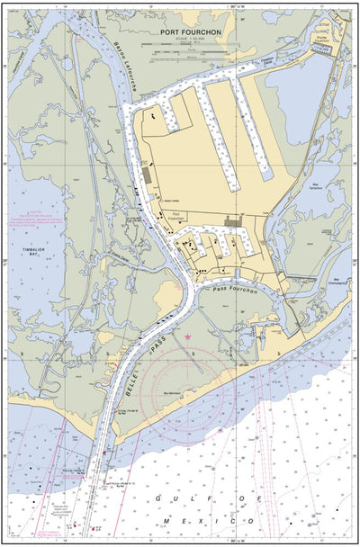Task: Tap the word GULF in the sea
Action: (169, 497)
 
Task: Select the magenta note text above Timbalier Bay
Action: (39, 218)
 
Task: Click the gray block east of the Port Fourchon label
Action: (232, 220)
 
